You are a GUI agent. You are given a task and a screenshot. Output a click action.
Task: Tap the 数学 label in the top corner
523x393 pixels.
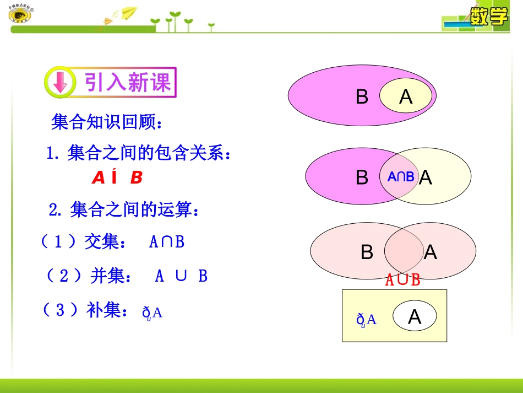click(489, 17)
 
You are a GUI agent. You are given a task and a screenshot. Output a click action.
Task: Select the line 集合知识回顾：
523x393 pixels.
click(107, 122)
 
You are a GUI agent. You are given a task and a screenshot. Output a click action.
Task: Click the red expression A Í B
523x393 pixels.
click(117, 178)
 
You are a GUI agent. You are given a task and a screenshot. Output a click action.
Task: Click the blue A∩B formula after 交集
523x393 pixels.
click(166, 242)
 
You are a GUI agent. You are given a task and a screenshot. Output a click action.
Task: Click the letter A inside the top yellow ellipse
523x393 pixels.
click(406, 97)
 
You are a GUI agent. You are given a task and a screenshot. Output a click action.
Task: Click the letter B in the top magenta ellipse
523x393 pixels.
click(362, 97)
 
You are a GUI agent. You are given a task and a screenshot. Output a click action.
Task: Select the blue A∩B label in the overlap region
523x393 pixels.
click(400, 177)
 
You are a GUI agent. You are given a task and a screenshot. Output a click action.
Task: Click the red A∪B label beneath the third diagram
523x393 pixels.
click(402, 280)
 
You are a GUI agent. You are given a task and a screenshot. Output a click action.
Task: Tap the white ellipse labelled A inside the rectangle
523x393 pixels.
click(415, 316)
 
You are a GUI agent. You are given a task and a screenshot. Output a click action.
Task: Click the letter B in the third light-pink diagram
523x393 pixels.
click(367, 252)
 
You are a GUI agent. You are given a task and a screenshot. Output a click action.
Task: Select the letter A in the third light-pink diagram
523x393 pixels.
click(431, 252)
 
